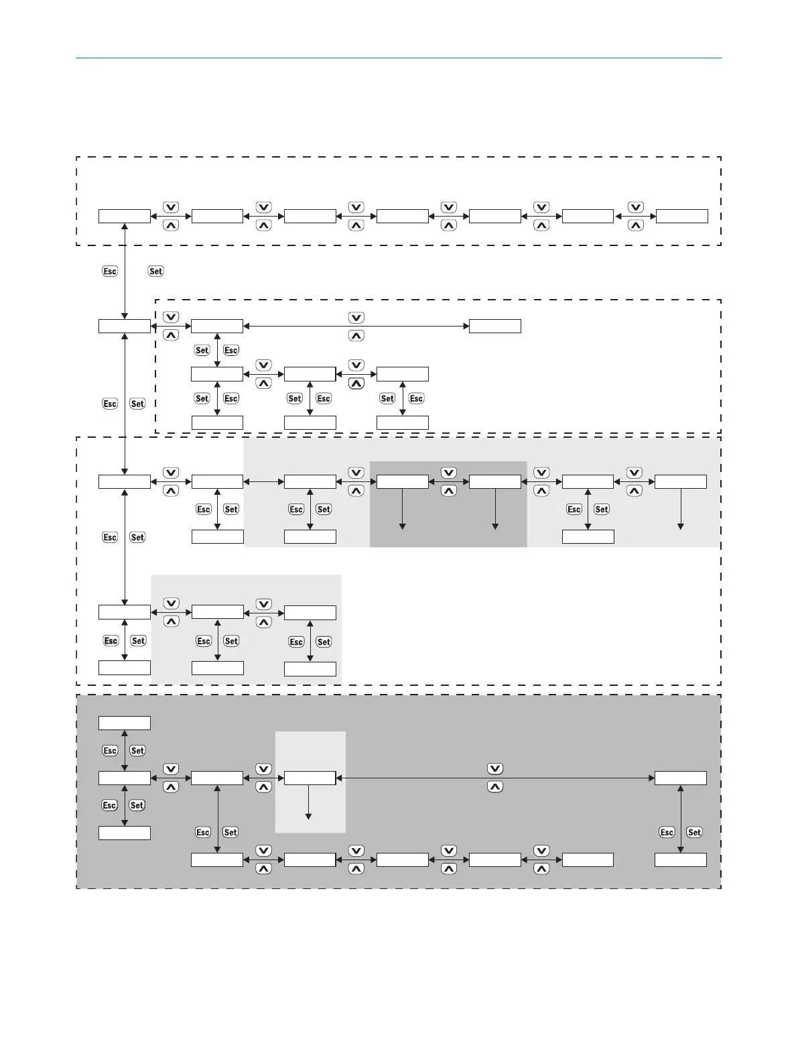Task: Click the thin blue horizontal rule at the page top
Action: click(x=398, y=58)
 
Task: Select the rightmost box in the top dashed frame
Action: click(x=681, y=216)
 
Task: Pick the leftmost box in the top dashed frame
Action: click(x=125, y=216)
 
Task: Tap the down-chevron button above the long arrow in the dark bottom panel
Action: click(x=495, y=768)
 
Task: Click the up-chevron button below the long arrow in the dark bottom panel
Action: click(x=495, y=787)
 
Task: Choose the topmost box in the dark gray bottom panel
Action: click(x=125, y=723)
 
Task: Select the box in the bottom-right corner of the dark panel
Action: click(x=680, y=860)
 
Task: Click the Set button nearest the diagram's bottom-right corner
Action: click(x=694, y=832)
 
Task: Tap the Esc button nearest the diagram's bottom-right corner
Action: click(x=667, y=832)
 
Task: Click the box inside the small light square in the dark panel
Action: click(x=310, y=778)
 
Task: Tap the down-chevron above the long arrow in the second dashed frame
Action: click(x=356, y=317)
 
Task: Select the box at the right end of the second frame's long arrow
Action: click(x=494, y=327)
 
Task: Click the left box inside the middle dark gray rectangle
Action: click(x=402, y=481)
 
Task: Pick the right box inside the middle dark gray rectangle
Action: click(x=494, y=481)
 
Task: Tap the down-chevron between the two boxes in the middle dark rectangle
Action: click(x=449, y=472)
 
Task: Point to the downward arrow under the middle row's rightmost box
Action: click(x=681, y=510)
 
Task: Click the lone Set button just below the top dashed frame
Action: click(x=155, y=271)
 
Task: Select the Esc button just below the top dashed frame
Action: click(x=110, y=271)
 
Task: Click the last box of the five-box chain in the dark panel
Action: click(x=588, y=860)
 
